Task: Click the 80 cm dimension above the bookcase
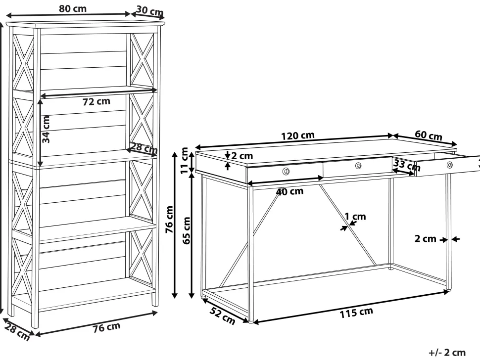pyautogui.click(x=73, y=8)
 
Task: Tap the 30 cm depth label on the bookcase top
pyautogui.click(x=150, y=11)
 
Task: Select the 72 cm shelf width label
pyautogui.click(x=96, y=101)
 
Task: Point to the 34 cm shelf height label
pyautogui.click(x=46, y=130)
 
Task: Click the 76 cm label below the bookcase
pyautogui.click(x=106, y=327)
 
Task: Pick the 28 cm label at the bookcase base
pyautogui.click(x=17, y=332)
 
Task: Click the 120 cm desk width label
pyautogui.click(x=298, y=135)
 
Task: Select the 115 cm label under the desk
pyautogui.click(x=356, y=313)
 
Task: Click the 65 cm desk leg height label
pyautogui.click(x=187, y=230)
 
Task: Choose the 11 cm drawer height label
pyautogui.click(x=184, y=160)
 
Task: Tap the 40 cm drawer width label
pyautogui.click(x=289, y=192)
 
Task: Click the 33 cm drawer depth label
pyautogui.click(x=407, y=165)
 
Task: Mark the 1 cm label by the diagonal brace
pyautogui.click(x=355, y=217)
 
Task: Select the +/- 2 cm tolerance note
pyautogui.click(x=447, y=353)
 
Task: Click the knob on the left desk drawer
pyautogui.click(x=286, y=171)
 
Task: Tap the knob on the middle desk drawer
pyautogui.click(x=358, y=166)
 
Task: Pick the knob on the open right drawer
pyautogui.click(x=449, y=165)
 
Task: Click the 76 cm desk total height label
pyautogui.click(x=169, y=219)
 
